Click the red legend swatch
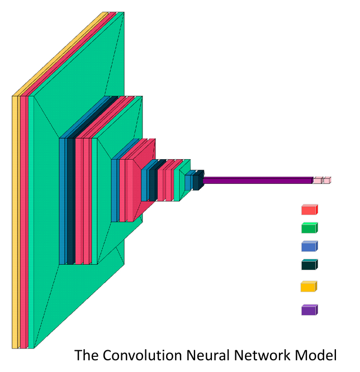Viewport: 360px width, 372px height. (x=309, y=210)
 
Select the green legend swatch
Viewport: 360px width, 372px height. (x=309, y=228)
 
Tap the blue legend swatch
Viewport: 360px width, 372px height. (x=309, y=246)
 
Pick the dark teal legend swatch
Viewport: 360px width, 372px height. (x=309, y=265)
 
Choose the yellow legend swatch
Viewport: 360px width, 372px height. (x=309, y=287)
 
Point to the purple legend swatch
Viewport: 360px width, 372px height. (x=309, y=310)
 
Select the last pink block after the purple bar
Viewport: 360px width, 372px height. (x=326, y=180)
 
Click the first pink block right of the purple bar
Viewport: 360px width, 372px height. (x=317, y=180)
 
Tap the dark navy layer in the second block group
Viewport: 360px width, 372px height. (x=71, y=201)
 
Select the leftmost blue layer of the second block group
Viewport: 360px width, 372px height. (x=63, y=201)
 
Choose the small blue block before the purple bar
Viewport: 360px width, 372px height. (x=188, y=182)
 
